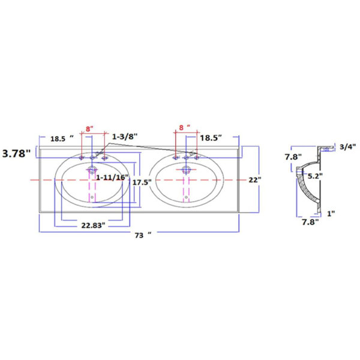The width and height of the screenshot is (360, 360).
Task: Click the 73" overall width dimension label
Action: [x=143, y=235]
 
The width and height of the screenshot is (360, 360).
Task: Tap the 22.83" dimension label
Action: [x=93, y=226]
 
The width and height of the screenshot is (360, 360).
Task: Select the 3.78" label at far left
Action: [x=16, y=154]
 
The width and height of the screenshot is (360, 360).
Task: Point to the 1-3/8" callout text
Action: [x=125, y=137]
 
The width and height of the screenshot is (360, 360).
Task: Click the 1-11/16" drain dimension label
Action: [x=112, y=178]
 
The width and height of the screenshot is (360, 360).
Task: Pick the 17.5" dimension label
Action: [x=142, y=182]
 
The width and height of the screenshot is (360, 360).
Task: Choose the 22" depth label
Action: [x=255, y=180]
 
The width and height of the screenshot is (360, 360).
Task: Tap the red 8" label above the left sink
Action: [x=89, y=129]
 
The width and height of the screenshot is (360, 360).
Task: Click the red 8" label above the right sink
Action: [x=185, y=127]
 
